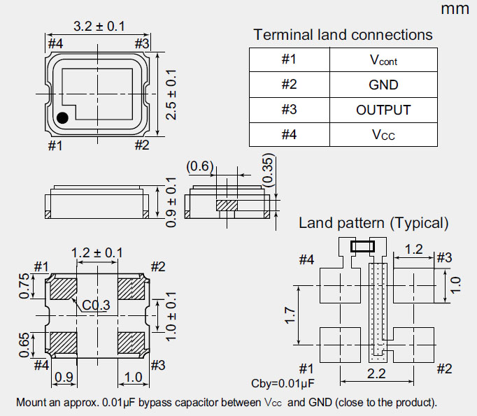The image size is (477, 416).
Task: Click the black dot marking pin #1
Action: pyautogui.click(x=62, y=118)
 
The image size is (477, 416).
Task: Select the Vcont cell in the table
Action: pyautogui.click(x=383, y=60)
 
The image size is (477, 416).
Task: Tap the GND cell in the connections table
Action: pyautogui.click(x=383, y=85)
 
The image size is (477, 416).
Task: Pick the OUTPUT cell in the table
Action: pyautogui.click(x=383, y=110)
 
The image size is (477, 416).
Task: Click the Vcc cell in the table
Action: pyautogui.click(x=383, y=134)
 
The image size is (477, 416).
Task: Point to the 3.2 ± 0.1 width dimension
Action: pyautogui.click(x=99, y=27)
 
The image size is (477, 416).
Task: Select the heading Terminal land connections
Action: pyautogui.click(x=343, y=34)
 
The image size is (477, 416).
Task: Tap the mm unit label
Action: pyautogui.click(x=455, y=9)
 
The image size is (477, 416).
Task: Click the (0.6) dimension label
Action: pyautogui.click(x=200, y=166)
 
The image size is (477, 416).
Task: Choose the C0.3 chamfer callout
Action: pyautogui.click(x=97, y=306)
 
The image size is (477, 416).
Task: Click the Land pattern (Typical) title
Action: pyautogui.click(x=373, y=224)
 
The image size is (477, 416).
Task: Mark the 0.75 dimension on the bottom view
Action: pyautogui.click(x=26, y=286)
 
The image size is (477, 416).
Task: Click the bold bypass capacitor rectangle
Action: pyautogui.click(x=363, y=246)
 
